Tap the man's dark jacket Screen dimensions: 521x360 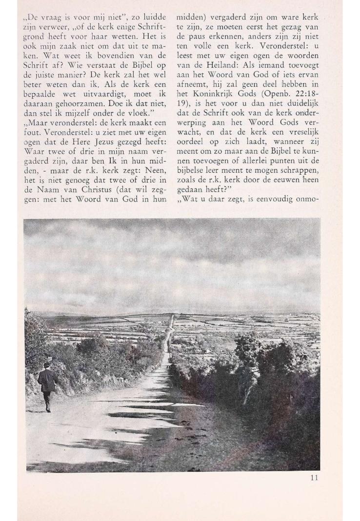click(x=47, y=380)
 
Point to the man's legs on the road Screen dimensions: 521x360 click(x=47, y=401)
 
